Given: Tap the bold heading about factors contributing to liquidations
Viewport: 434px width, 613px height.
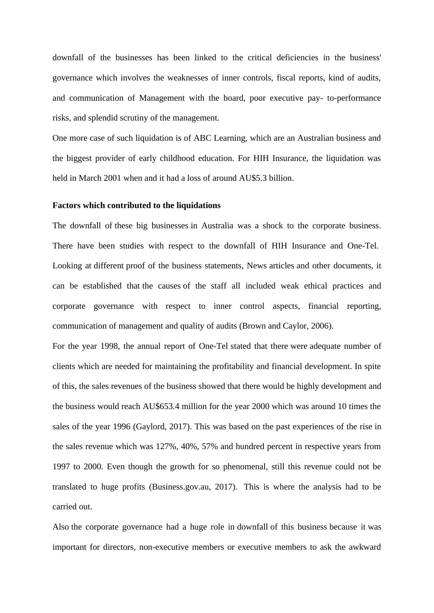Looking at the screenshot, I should (x=136, y=205).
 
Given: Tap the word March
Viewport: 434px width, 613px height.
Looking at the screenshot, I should (x=89, y=178).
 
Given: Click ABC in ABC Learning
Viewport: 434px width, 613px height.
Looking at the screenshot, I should (x=202, y=138).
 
